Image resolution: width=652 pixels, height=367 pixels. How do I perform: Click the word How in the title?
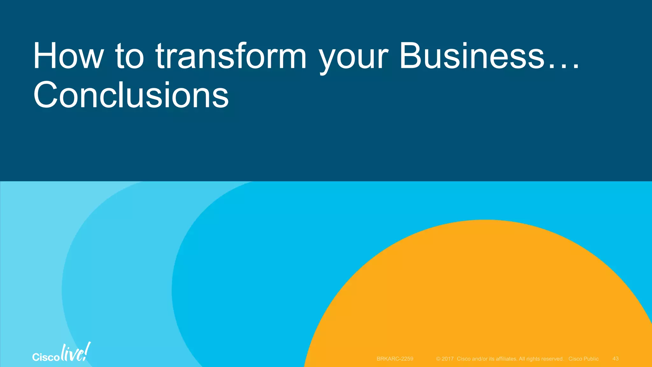click(x=68, y=56)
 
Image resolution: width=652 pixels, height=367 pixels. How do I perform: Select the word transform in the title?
click(x=231, y=56)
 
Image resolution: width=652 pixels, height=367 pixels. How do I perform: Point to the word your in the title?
click(x=353, y=59)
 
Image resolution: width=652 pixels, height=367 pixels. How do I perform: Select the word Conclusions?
click(x=131, y=95)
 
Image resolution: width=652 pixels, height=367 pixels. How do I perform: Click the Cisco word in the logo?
click(x=46, y=357)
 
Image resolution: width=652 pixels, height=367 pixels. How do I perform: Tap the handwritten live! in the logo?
click(x=75, y=353)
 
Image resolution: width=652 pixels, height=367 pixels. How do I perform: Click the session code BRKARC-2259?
click(x=395, y=359)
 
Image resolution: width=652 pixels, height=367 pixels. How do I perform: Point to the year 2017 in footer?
click(x=447, y=359)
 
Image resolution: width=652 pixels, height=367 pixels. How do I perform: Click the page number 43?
click(x=615, y=359)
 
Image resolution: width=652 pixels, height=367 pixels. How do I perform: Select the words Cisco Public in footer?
click(x=583, y=359)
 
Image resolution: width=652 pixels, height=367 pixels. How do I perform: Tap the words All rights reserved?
click(x=541, y=359)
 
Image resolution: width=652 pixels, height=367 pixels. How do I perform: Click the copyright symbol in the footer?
click(x=438, y=359)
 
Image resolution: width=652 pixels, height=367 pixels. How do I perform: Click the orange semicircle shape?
click(x=484, y=296)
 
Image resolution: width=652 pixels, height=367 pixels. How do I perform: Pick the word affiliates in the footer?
click(x=506, y=359)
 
